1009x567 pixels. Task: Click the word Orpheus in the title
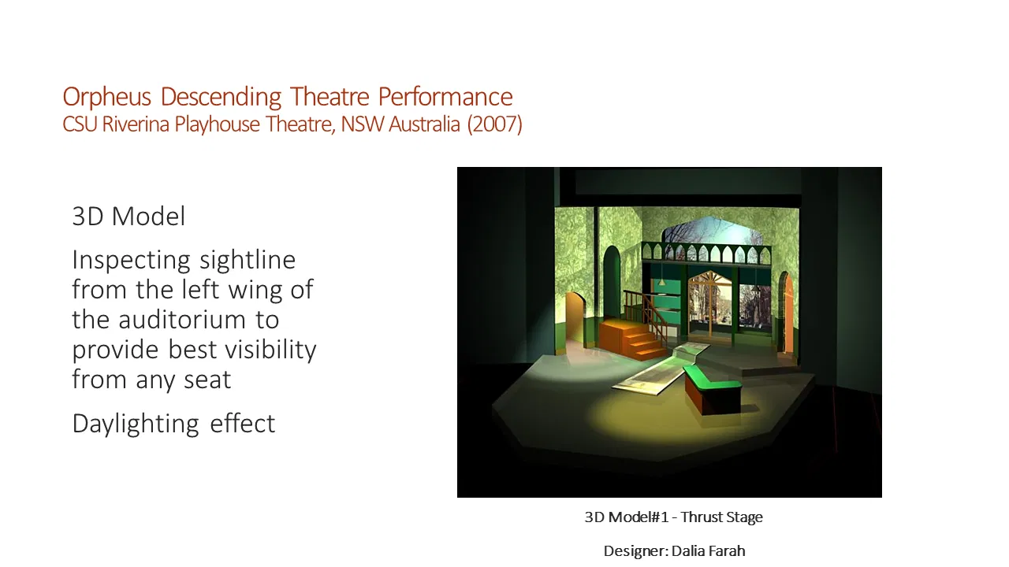click(x=106, y=97)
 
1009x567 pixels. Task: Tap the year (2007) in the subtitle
click(x=494, y=124)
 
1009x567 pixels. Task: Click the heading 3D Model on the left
click(x=128, y=217)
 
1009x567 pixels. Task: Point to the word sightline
click(x=248, y=261)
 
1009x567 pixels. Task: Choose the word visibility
click(x=266, y=350)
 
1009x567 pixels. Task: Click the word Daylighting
click(x=136, y=424)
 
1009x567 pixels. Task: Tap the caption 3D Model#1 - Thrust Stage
click(x=673, y=517)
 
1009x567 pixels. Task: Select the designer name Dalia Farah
click(x=708, y=550)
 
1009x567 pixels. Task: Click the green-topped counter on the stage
click(x=713, y=390)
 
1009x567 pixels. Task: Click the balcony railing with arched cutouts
click(x=706, y=254)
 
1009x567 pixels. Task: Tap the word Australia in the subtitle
click(x=424, y=124)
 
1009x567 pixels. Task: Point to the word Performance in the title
click(x=445, y=97)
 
